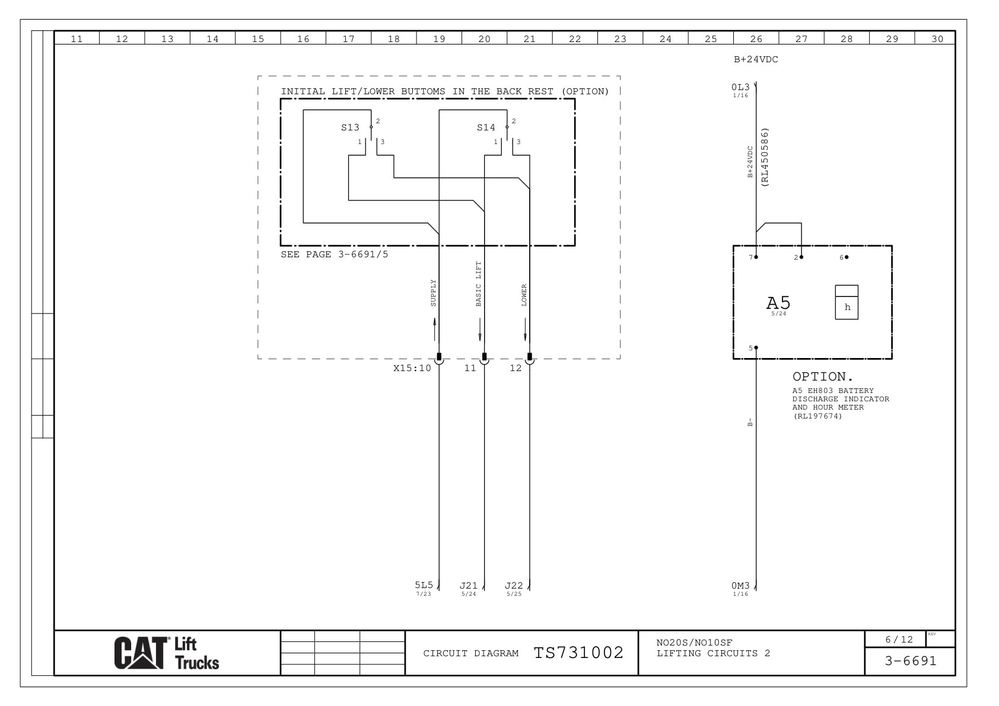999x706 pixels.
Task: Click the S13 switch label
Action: coord(350,127)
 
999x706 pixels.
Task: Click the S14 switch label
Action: coord(486,127)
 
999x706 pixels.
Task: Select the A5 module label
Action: coord(778,303)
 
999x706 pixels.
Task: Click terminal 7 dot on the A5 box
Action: coord(756,257)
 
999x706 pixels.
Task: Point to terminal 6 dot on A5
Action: coord(847,257)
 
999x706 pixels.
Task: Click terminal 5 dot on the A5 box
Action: coord(756,348)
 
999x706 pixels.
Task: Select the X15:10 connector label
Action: coord(412,368)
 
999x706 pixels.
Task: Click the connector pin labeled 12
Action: coord(530,357)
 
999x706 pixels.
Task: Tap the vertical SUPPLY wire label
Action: coord(433,293)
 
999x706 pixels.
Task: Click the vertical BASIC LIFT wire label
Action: coord(479,284)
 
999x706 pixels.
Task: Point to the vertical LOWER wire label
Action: coord(524,295)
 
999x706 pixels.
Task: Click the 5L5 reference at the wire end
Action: coord(424,585)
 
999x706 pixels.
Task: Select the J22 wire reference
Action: coord(514,586)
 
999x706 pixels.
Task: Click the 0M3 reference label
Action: coord(740,586)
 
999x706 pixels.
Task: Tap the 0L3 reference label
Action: coord(740,87)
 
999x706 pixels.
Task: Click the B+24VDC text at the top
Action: coord(756,59)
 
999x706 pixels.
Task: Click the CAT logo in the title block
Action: coord(141,653)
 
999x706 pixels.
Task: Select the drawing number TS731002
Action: coord(578,653)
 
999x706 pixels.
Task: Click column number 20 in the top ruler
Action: coord(484,39)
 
